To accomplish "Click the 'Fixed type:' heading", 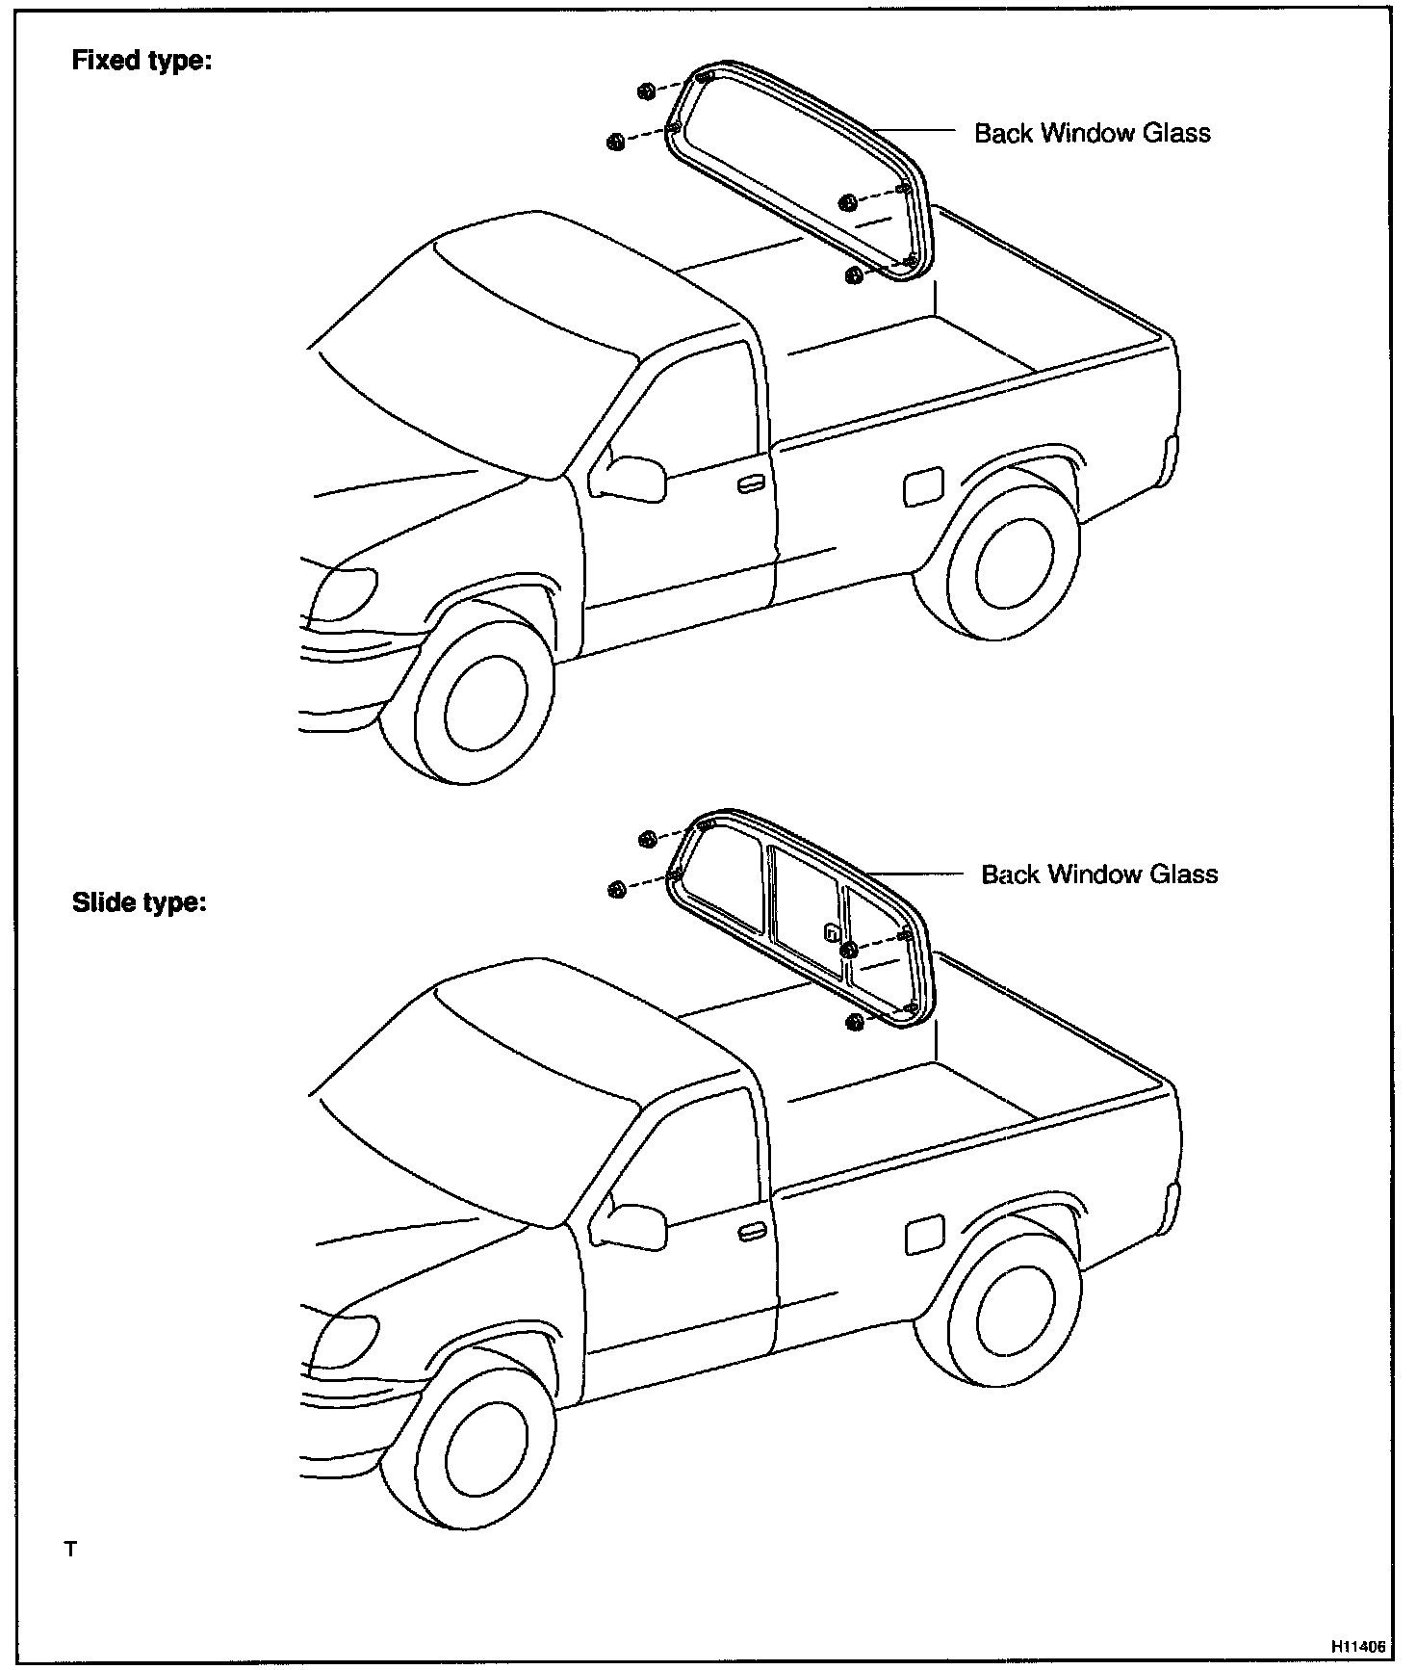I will coord(142,61).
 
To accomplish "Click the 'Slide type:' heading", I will coord(140,903).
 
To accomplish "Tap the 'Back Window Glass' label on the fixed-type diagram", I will coord(1092,133).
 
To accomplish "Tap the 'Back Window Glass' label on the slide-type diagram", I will coord(1099,874).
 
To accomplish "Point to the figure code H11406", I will coord(1358,1646).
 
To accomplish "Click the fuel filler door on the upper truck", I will coord(923,486).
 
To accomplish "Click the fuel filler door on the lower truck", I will coord(924,1235).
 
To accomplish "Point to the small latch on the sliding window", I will coord(832,932).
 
